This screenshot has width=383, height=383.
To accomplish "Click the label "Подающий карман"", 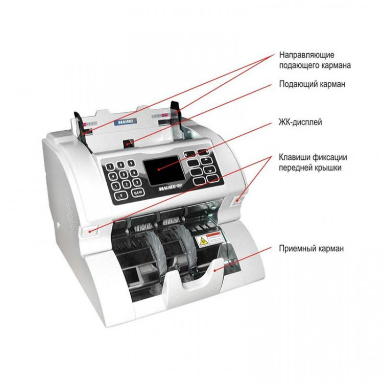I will (x=312, y=84).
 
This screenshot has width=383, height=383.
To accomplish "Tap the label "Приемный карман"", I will (x=311, y=249).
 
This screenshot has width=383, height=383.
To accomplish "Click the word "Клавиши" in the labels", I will (x=295, y=156).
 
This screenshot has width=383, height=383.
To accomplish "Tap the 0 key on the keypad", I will (x=121, y=195).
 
